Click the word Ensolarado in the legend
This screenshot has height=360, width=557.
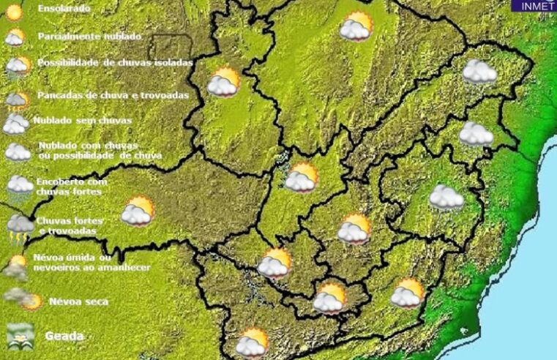(64, 9)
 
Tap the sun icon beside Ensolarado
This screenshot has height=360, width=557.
(14, 10)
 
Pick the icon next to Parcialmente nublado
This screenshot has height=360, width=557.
(14, 37)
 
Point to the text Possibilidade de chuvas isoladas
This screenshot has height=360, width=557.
(115, 63)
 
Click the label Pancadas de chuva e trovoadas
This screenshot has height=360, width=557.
(113, 95)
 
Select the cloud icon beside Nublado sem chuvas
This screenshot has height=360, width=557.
(15, 124)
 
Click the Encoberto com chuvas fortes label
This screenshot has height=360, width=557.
(72, 186)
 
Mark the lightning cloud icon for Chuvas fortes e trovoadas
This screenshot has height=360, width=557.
(20, 228)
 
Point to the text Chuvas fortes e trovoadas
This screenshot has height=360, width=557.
(70, 225)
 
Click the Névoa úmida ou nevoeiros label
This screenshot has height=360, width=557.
(91, 263)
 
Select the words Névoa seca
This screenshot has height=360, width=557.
(78, 301)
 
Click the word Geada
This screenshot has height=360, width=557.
(64, 337)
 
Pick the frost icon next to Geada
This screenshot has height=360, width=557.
(20, 336)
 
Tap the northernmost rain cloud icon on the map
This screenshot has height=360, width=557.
(479, 72)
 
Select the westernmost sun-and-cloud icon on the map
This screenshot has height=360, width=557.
(137, 211)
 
